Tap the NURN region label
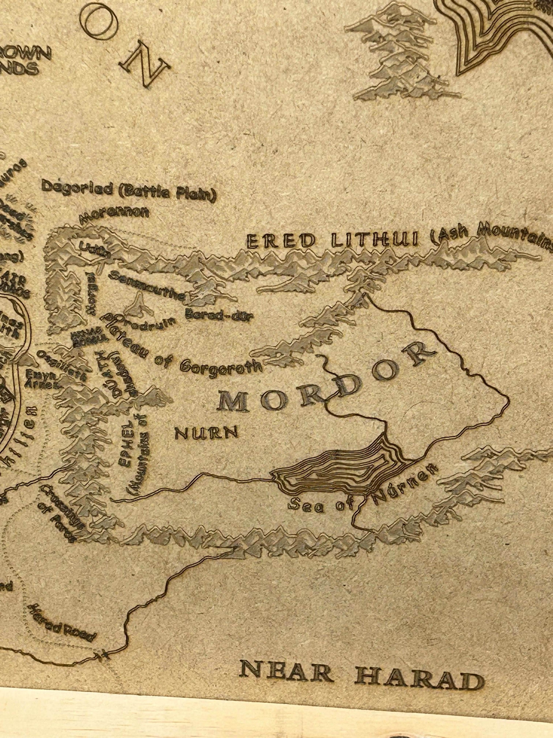pyautogui.click(x=206, y=433)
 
